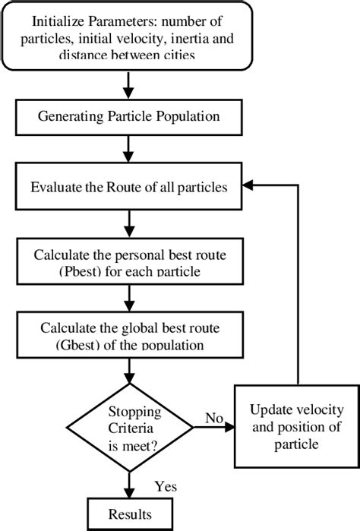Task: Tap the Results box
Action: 134,514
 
